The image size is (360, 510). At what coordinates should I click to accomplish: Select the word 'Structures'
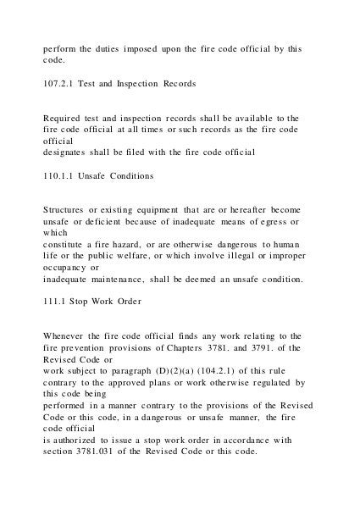pyautogui.click(x=70, y=208)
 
